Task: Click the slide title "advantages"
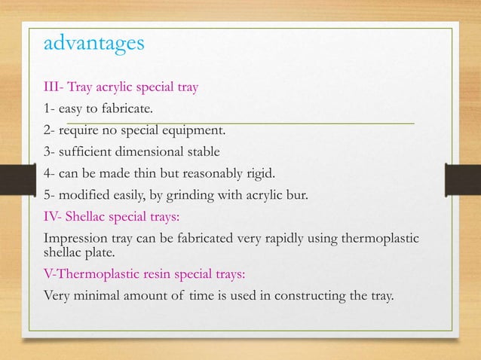coord(93,43)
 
